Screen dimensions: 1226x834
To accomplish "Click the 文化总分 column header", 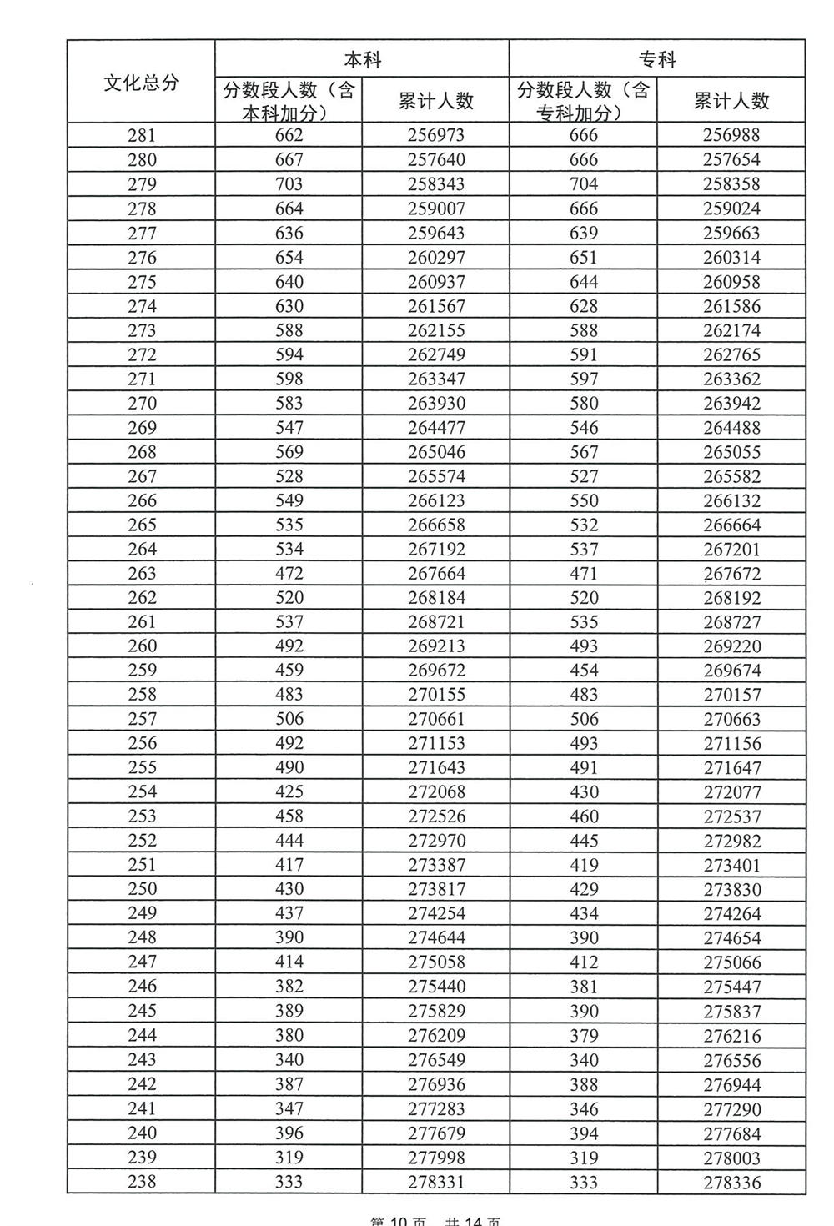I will (x=141, y=83).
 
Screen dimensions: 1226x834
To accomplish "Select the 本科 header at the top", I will (x=362, y=59).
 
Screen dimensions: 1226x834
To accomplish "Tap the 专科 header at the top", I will (x=657, y=59).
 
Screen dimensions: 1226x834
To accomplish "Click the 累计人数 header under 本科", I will (x=435, y=101).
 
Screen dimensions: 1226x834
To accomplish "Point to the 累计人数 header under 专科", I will (x=731, y=101).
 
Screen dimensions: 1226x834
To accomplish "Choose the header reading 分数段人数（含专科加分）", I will (x=583, y=101).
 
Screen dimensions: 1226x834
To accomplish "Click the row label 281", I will (x=142, y=135).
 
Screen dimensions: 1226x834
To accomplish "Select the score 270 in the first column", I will (x=142, y=403).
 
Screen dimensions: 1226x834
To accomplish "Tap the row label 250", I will (x=142, y=889).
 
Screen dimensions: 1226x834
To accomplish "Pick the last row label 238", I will (x=142, y=1181).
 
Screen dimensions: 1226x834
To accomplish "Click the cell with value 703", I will (x=289, y=184).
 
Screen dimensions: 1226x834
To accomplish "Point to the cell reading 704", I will (x=584, y=184).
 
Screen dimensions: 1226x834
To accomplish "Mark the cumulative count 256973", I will (x=435, y=135).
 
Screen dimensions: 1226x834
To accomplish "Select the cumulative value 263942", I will (x=731, y=403).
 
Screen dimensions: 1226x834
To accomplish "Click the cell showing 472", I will (x=289, y=573).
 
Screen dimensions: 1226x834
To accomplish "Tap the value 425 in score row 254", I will (x=289, y=791).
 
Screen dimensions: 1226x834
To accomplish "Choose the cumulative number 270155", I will (x=435, y=695).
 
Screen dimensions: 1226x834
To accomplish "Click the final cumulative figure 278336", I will (x=731, y=1182).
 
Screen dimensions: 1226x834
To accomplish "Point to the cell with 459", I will (x=289, y=671).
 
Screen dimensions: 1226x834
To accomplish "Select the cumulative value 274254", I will (x=435, y=913).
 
